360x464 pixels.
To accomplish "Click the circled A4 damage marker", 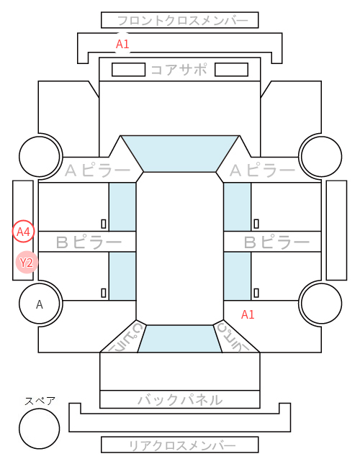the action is [x=23, y=232].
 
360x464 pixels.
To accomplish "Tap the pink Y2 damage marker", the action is [x=27, y=262].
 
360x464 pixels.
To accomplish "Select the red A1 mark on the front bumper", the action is [x=122, y=44].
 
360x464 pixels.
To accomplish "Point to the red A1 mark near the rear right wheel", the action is [x=248, y=314].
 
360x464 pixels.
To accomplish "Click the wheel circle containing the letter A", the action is [x=40, y=304].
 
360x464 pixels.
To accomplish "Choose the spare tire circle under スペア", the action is [x=40, y=429].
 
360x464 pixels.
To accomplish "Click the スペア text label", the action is [x=40, y=401].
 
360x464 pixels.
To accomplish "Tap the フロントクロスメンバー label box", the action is [x=180, y=20].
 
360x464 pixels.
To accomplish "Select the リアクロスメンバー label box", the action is [x=180, y=445].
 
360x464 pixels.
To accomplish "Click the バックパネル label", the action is [x=180, y=400].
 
